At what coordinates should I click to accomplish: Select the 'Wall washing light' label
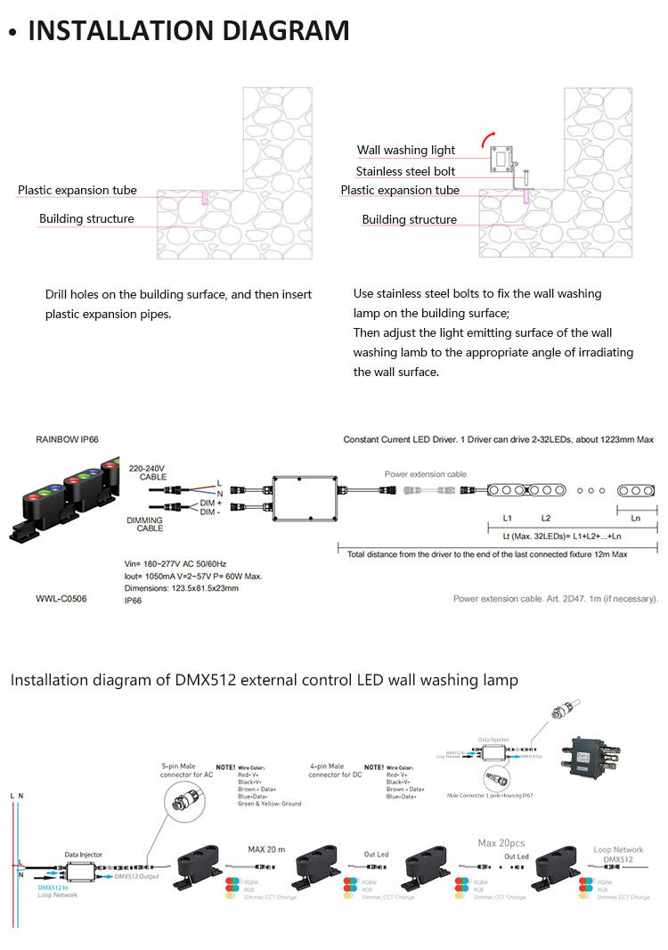406,151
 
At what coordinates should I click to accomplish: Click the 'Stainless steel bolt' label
405,171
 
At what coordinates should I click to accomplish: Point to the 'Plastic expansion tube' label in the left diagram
77,190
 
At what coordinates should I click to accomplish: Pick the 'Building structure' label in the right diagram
409,219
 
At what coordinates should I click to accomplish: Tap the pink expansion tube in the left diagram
203,196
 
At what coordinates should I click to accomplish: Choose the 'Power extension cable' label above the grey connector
426,474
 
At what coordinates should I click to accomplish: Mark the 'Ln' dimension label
635,517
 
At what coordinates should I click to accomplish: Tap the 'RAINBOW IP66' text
67,439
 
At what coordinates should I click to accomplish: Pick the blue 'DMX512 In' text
54,888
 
